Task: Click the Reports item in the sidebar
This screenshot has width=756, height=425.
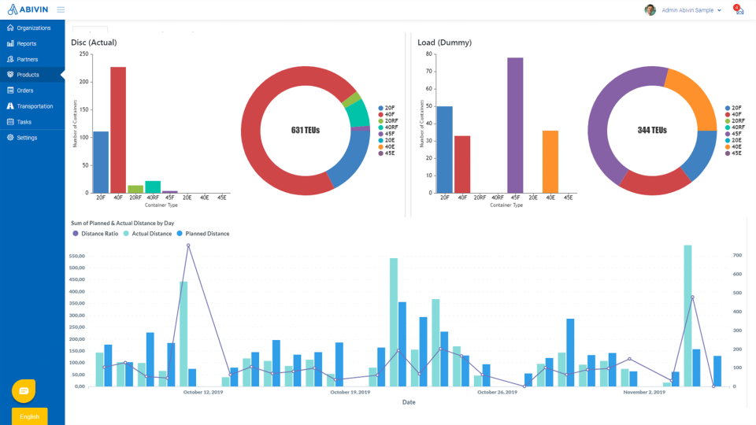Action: point(26,43)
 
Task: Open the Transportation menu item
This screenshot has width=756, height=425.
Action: point(35,106)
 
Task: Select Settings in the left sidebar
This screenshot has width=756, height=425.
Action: point(27,138)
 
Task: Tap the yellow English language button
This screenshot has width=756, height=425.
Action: point(30,416)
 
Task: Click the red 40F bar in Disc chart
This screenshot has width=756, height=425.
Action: point(118,130)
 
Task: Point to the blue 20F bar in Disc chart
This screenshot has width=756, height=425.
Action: point(101,161)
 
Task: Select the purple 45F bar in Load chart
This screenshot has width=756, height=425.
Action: point(515,125)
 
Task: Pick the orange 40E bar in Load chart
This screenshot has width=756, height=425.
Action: point(550,161)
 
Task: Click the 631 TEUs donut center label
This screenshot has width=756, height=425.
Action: point(306,130)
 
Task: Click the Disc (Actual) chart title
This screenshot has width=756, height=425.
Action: point(94,42)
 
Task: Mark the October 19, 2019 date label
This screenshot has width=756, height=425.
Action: point(350,392)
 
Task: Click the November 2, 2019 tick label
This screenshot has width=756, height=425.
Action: point(644,392)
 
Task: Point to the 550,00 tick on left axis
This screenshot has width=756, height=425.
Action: point(77,257)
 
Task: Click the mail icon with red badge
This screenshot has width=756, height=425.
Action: point(739,10)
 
